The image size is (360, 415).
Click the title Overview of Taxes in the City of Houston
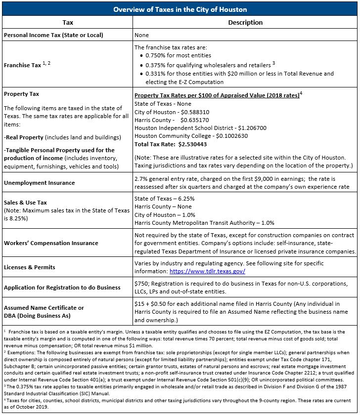(180, 9)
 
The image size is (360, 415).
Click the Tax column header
(68, 23)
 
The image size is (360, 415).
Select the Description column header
(245, 23)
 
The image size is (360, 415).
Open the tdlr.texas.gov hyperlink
(207, 271)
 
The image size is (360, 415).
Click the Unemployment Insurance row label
(39, 183)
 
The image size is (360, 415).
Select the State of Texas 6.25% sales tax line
(164, 199)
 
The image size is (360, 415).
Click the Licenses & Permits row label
(29, 267)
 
